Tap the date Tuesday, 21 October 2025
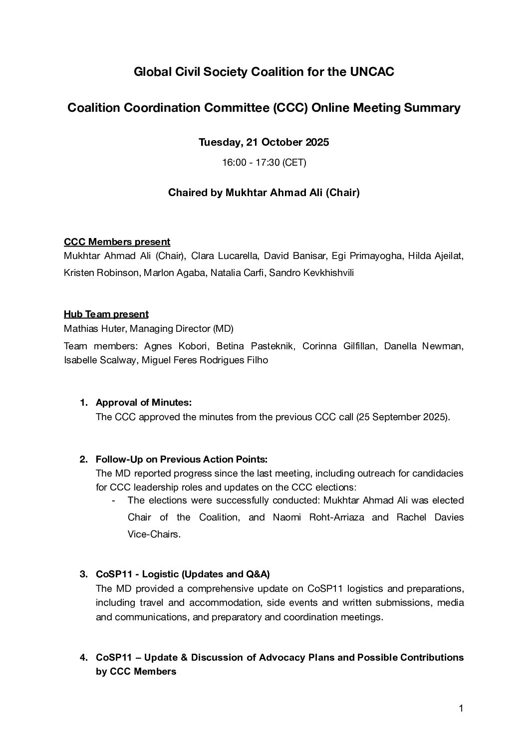pos(264,142)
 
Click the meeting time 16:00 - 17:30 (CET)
pos(264,163)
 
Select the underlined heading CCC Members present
pos(117,242)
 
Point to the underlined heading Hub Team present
pos(106,314)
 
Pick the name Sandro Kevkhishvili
pos(311,273)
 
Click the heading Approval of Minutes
pos(144,402)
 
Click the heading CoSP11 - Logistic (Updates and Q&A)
pos(183,574)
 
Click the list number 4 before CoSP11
pos(83,658)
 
